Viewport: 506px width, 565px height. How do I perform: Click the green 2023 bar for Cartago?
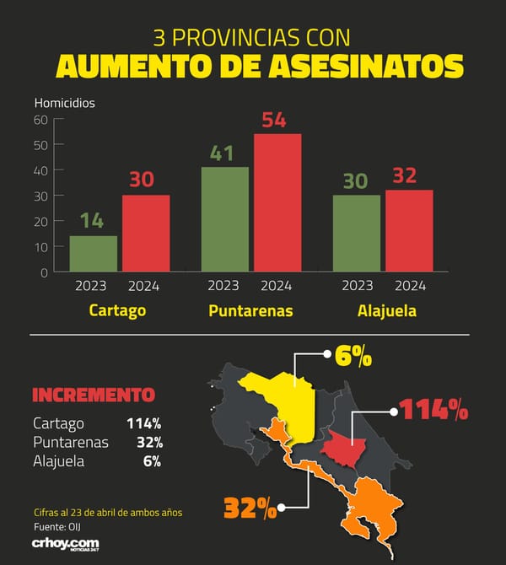coord(94,254)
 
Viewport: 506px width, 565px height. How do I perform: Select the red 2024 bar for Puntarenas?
coord(277,202)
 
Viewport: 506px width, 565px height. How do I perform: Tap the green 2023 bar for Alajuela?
coord(357,233)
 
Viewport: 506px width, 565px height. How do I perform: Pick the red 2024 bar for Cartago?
coord(146,233)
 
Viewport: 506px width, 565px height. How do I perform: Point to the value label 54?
coord(274,120)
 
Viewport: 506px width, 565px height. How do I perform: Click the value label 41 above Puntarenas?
coord(222,153)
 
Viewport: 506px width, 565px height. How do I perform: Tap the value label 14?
coord(92,221)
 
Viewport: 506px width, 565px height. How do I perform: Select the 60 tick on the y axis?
coord(40,120)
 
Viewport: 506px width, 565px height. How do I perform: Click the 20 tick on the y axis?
coord(40,222)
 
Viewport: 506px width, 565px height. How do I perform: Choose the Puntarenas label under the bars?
coord(250,310)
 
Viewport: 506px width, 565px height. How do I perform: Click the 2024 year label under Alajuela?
coord(410,286)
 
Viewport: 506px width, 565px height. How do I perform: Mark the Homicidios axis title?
coord(64,103)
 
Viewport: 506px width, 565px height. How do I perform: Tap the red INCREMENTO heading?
coord(94,395)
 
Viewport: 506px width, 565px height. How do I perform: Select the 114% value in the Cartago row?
coord(144,423)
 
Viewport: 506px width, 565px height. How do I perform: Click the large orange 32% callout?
coord(250,508)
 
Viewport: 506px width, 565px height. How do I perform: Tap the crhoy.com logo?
coord(66,544)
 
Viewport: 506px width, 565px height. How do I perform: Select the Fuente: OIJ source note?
coord(57,527)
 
